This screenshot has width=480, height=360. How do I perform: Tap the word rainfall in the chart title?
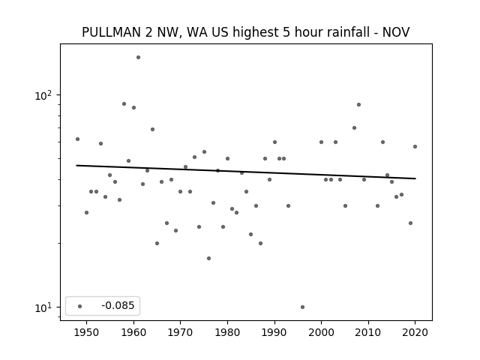(x=351, y=31)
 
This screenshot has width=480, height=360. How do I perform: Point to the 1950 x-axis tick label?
(x=87, y=332)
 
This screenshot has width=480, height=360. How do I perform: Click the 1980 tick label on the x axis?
(x=227, y=332)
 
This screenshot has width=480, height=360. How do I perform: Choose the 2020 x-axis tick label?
(x=415, y=332)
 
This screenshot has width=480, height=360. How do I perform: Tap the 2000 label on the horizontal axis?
(x=321, y=332)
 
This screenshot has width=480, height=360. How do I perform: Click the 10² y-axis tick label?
(x=43, y=95)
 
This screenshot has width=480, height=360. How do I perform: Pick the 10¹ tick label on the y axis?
(x=43, y=307)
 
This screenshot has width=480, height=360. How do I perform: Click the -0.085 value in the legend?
(x=118, y=305)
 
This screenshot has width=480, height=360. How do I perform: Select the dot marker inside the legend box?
(x=80, y=306)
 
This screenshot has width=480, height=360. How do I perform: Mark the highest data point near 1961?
(x=138, y=57)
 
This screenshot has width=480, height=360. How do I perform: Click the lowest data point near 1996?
(x=302, y=307)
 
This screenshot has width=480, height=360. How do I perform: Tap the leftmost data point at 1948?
(x=77, y=139)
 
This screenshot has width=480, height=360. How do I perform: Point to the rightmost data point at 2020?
(x=415, y=147)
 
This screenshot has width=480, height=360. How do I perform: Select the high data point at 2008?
(x=358, y=105)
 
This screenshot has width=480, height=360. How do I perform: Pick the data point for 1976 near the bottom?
(x=208, y=258)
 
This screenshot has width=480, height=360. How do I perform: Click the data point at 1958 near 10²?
(x=124, y=103)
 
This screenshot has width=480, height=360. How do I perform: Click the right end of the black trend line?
(x=415, y=178)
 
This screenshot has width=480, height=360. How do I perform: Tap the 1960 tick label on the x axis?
(x=133, y=332)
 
